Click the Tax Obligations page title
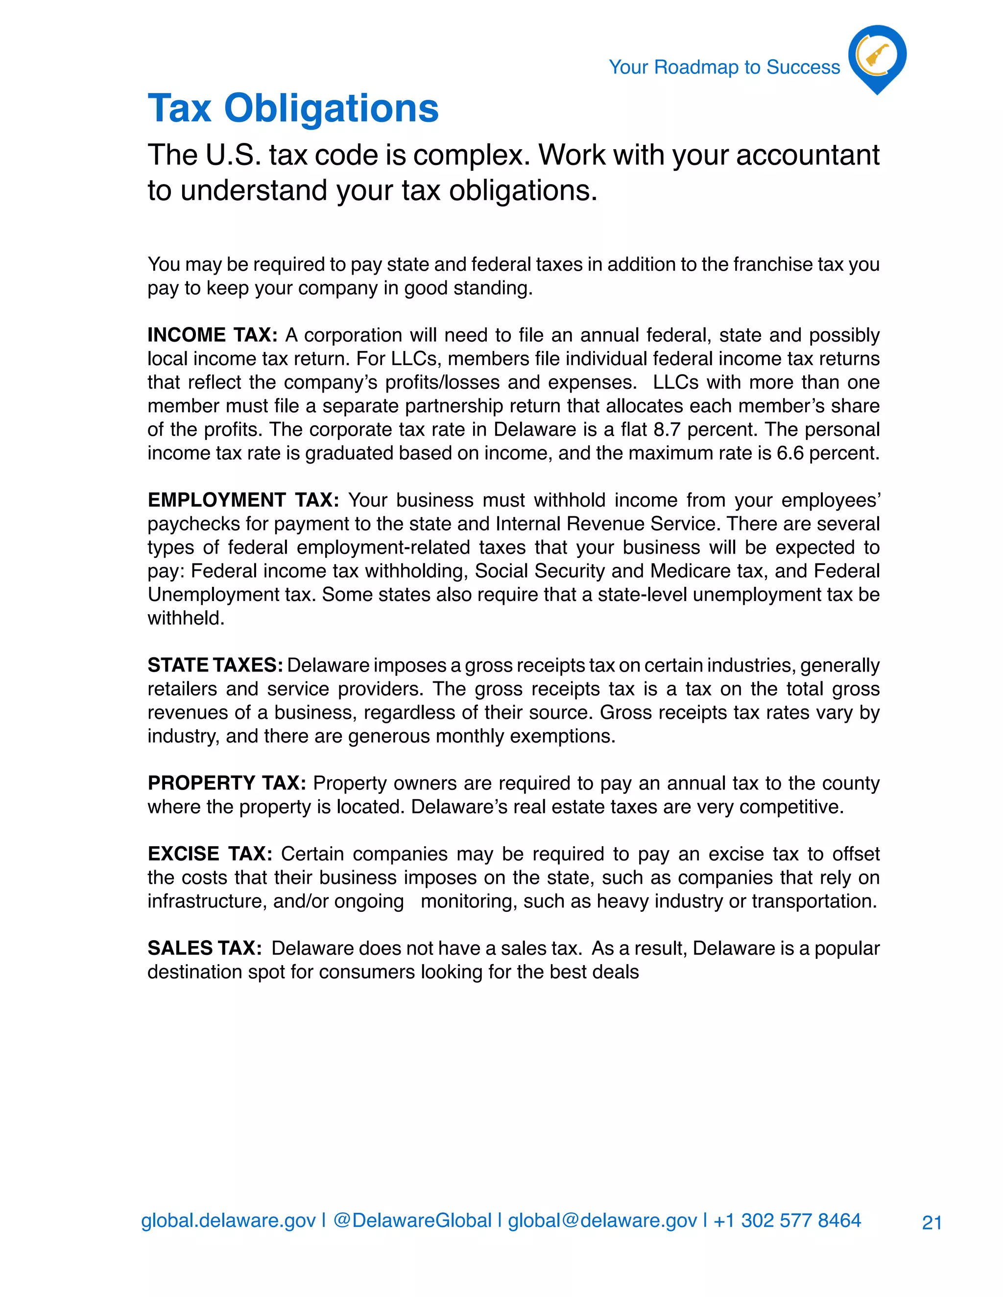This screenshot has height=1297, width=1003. coord(293,109)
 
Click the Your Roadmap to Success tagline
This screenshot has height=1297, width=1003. coord(724,67)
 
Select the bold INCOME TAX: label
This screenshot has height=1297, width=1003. coord(212,335)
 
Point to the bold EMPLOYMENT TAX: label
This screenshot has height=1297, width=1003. coord(243,500)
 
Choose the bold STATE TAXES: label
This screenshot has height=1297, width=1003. coord(215,665)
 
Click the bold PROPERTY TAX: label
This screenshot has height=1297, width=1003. coord(226,783)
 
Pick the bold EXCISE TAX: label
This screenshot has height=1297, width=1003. coord(210,854)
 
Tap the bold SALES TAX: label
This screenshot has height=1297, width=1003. coord(204,948)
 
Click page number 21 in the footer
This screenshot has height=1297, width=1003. coord(931,1223)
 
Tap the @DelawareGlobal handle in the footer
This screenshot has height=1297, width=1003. coord(412,1220)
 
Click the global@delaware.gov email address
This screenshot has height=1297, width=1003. coord(602,1220)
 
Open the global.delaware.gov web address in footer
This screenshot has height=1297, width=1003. coord(228,1220)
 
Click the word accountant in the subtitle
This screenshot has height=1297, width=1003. coord(808,155)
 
